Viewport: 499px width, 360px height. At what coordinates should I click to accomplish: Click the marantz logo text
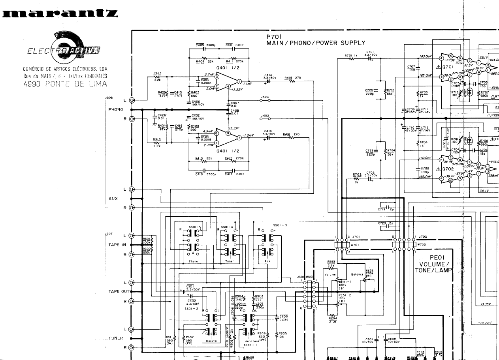(x=59, y=15)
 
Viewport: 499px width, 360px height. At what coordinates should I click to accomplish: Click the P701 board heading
(x=273, y=36)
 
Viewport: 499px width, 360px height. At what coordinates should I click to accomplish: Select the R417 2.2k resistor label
(x=157, y=75)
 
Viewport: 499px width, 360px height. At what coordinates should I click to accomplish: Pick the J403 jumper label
(x=265, y=97)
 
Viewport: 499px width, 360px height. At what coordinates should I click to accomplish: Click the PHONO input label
(x=115, y=109)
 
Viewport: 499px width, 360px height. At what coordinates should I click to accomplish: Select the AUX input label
(x=113, y=198)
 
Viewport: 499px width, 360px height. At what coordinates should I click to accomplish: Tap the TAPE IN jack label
(x=117, y=245)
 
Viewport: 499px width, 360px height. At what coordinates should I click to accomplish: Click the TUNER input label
(x=116, y=338)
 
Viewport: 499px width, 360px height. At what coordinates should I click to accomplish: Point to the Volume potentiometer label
(x=330, y=274)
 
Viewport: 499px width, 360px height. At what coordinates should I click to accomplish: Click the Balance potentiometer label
(x=357, y=274)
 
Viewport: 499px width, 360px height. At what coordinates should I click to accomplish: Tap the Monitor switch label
(x=212, y=341)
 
